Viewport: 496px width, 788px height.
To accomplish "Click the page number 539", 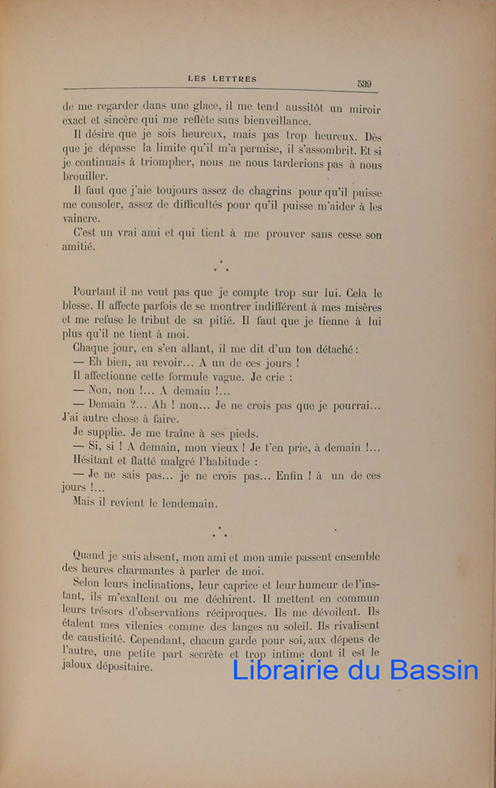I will click(364, 84).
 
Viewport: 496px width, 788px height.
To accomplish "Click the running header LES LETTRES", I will click(222, 79).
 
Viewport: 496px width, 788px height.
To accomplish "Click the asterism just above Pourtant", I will click(222, 267).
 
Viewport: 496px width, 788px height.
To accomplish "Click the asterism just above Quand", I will click(222, 532).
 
